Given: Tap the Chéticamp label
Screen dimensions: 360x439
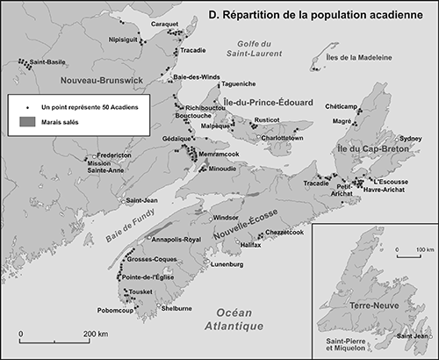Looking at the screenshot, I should [343, 105].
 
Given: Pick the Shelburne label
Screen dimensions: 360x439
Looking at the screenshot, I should [176, 308].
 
